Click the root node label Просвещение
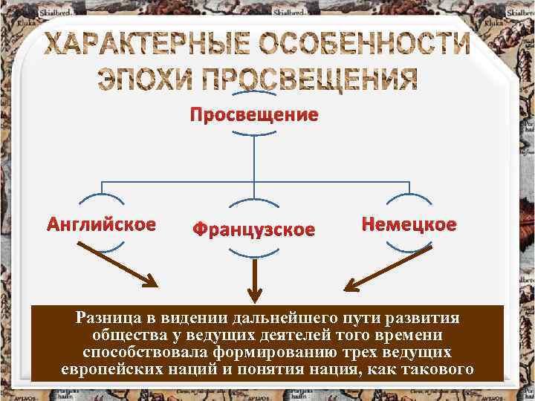click(254, 114)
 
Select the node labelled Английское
click(102, 224)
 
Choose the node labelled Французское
click(254, 229)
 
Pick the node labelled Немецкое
click(409, 224)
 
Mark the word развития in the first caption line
click(424, 318)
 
